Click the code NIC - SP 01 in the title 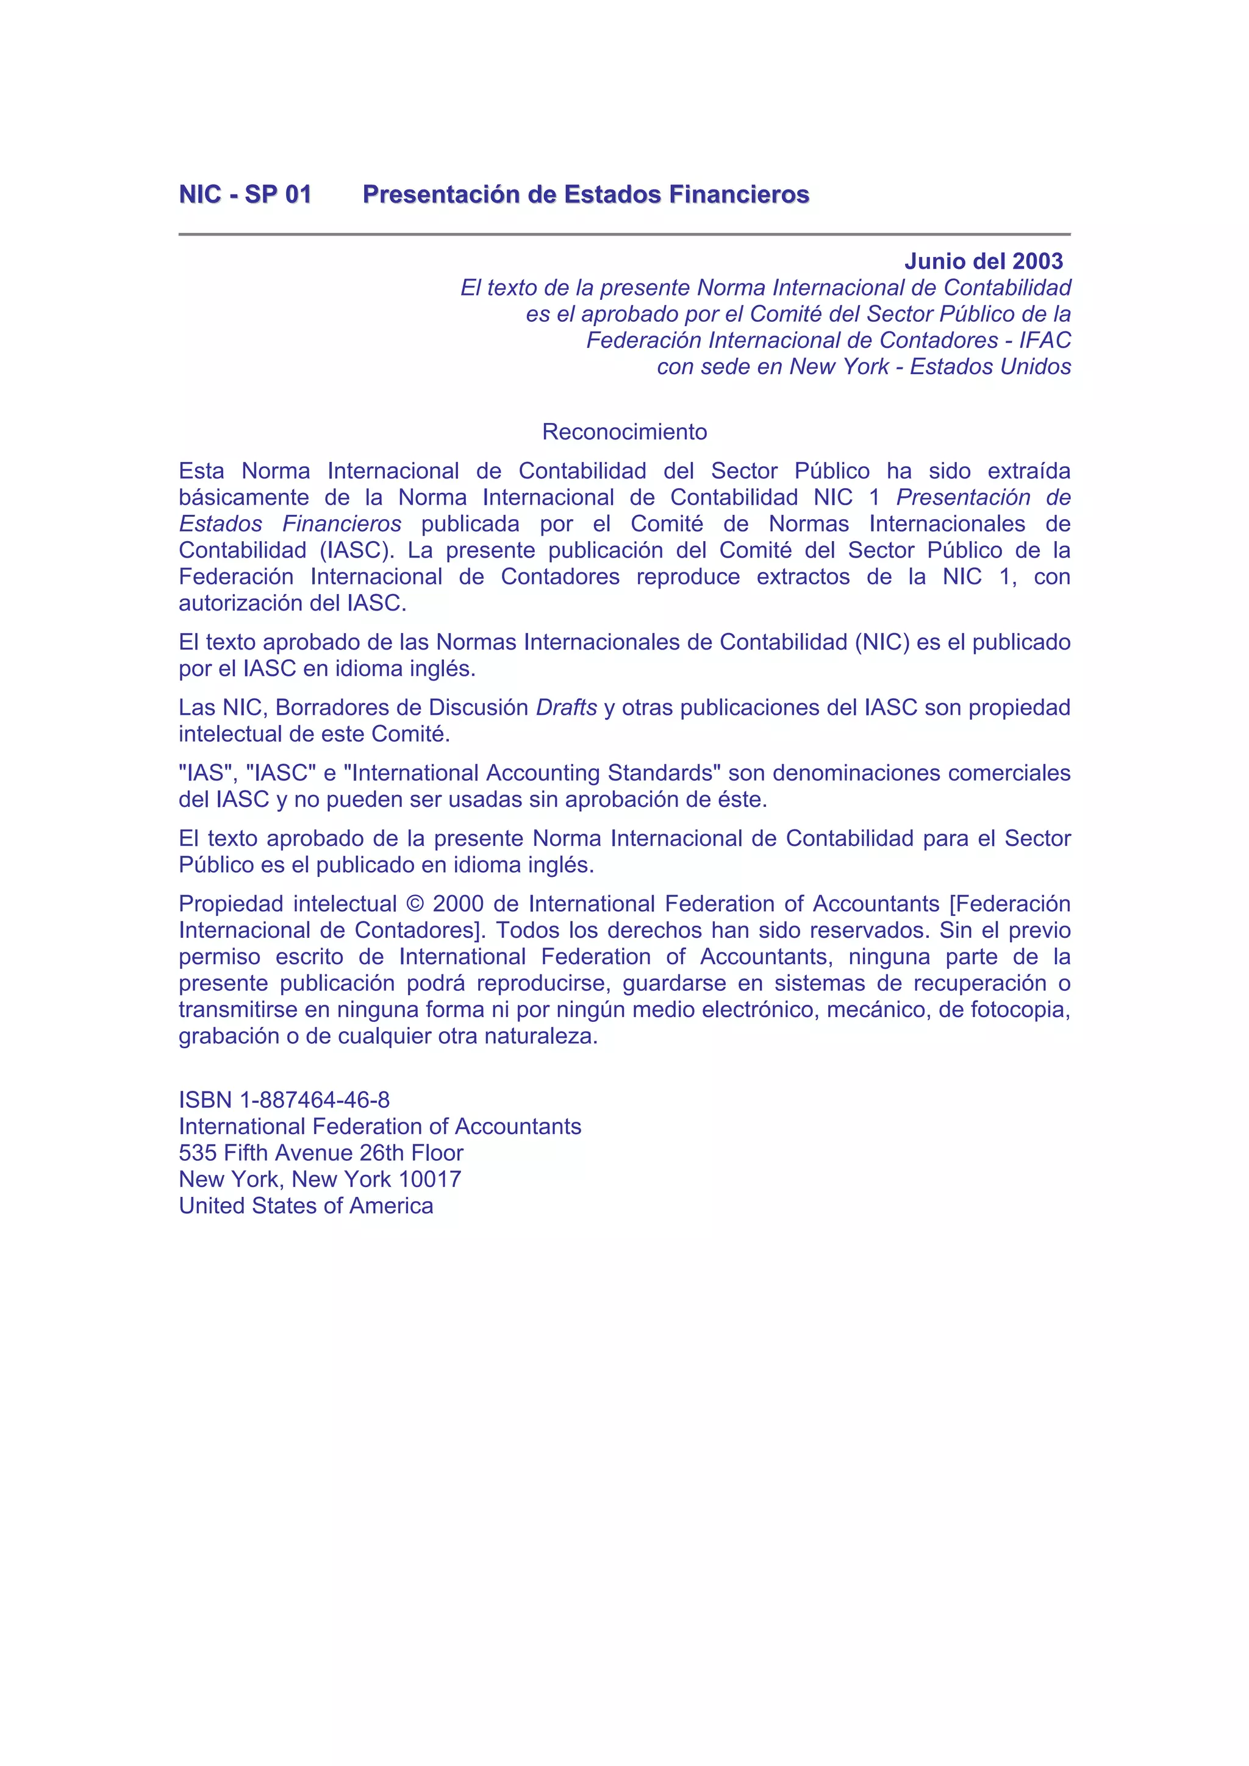click(x=245, y=194)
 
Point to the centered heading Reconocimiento click(x=624, y=431)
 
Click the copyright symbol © click(x=414, y=904)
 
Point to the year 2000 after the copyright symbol click(x=458, y=904)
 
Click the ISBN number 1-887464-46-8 click(x=315, y=1100)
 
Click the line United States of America click(x=306, y=1205)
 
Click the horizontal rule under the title click(x=624, y=234)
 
